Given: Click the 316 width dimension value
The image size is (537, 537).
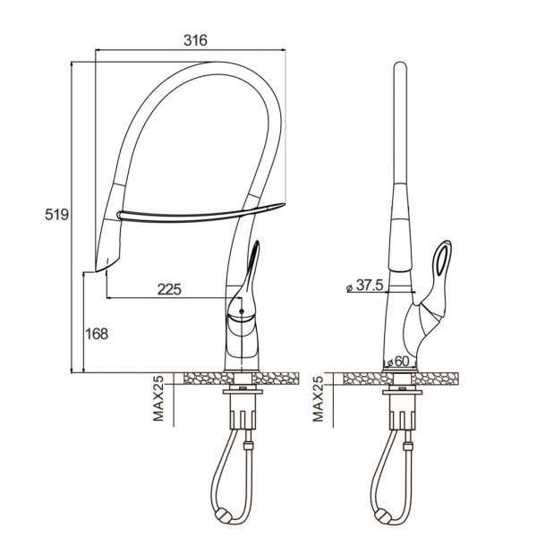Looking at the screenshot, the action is pos(195,40).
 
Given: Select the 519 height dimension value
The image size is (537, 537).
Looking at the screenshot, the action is pos(57,215).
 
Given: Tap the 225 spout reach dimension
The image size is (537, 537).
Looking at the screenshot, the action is pos(169,289).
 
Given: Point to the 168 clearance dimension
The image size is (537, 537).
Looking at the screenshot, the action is pos(97,334).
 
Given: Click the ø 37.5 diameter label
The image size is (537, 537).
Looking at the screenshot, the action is pos(364,285).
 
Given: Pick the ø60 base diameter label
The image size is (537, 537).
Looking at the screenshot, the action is pos(398,362).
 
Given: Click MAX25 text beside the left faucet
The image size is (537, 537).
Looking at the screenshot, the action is pos(158,398).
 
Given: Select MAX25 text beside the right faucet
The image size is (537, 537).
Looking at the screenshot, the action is pos(318,398).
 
